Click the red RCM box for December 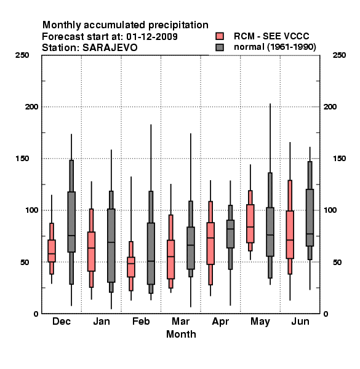52,251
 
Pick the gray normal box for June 310,218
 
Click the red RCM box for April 210,244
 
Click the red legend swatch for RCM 220,36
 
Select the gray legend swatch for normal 220,47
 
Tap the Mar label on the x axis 180,321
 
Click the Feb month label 141,321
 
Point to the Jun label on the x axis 300,321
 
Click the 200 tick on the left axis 31,106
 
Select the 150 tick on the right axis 339,159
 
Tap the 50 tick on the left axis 25,262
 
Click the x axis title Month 181,334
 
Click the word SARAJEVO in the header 110,48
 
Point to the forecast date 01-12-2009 152,37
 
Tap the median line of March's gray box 191,245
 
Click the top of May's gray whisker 270,103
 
